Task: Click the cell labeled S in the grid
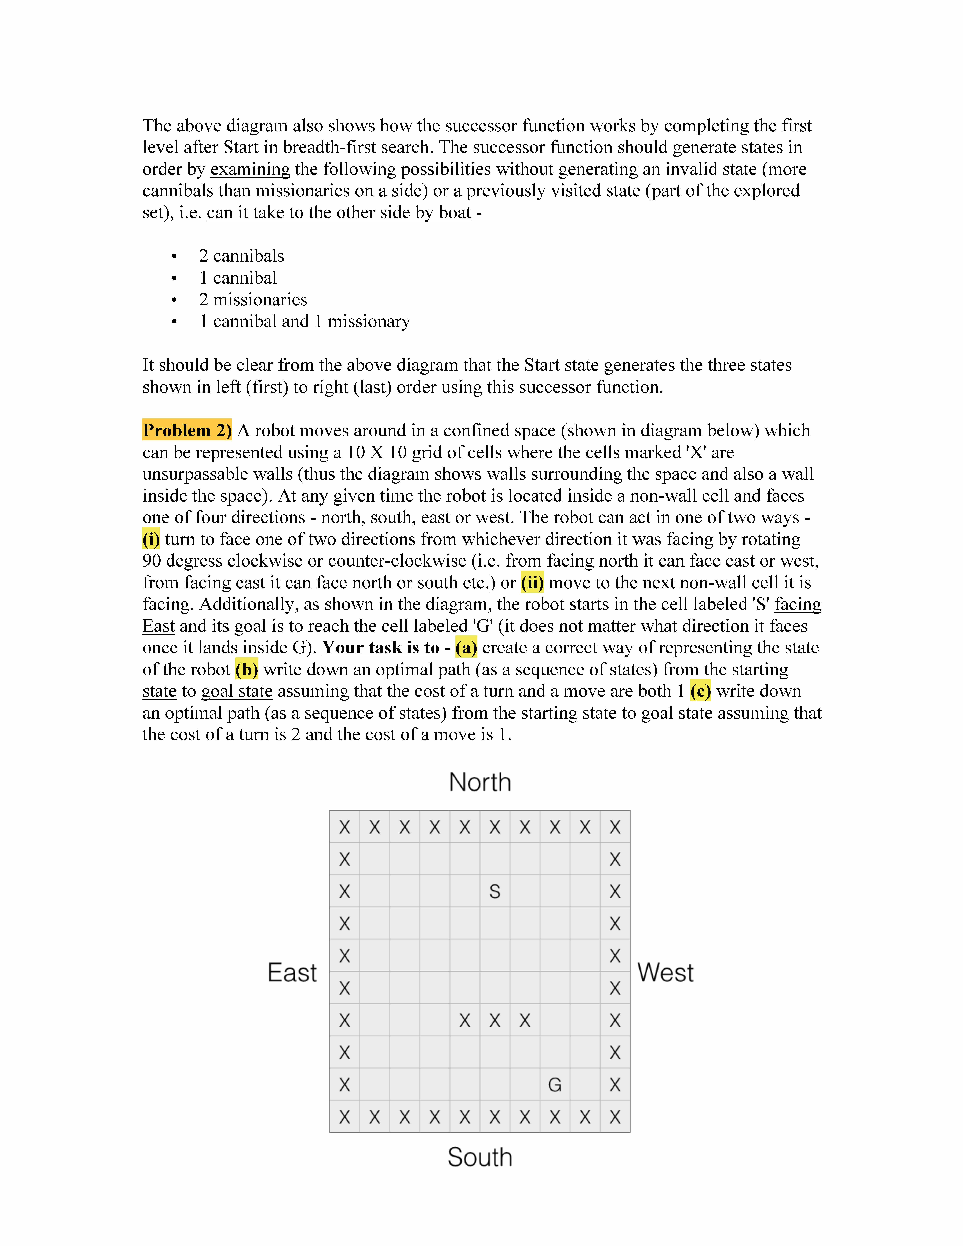point(495,891)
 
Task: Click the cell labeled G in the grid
point(555,1085)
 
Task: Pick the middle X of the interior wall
point(495,1020)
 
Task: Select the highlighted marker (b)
point(247,669)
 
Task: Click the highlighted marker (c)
point(700,691)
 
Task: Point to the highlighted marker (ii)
point(532,583)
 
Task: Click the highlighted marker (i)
point(151,539)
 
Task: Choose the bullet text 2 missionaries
point(253,300)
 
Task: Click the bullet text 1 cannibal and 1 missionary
point(304,321)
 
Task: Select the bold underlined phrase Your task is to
point(380,648)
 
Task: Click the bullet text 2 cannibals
point(241,256)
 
